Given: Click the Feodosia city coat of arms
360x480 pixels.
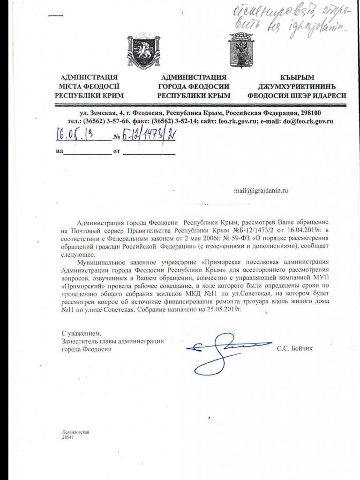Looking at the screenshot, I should click(241, 51).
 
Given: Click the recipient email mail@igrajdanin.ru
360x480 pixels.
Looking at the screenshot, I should click(261, 191).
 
